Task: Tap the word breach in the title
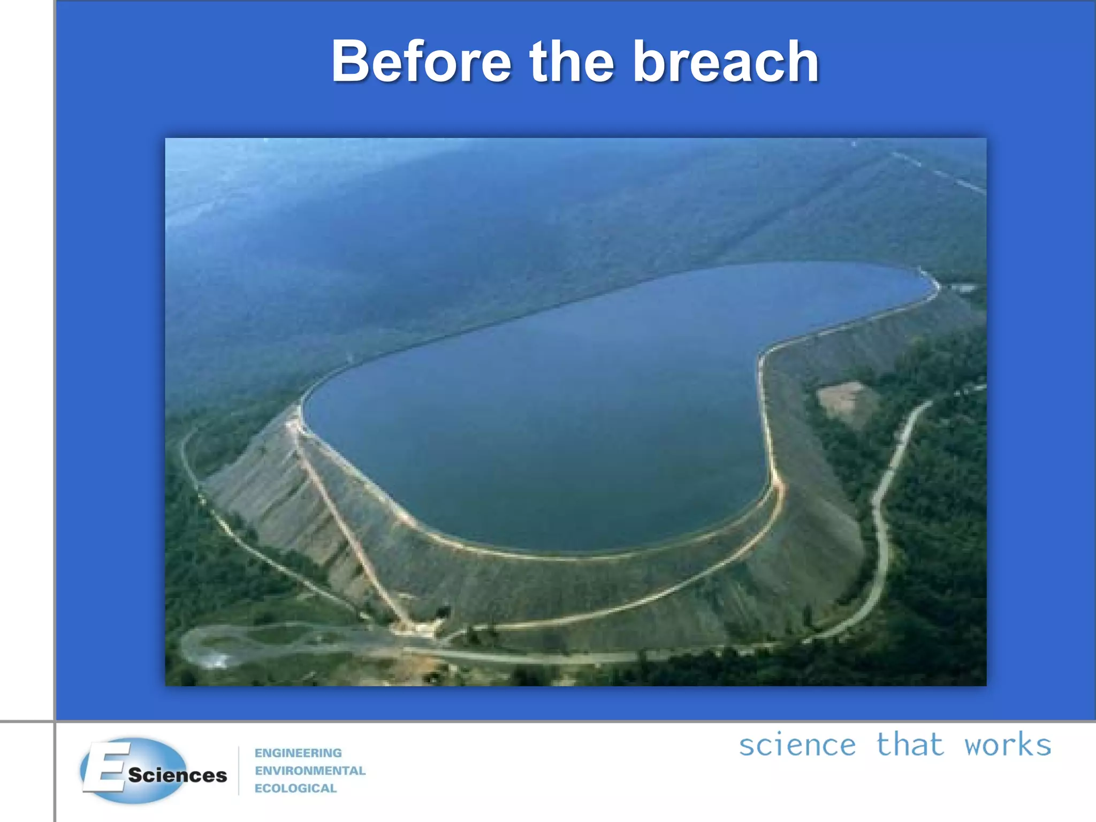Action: pos(726,62)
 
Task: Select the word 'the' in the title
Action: pos(571,62)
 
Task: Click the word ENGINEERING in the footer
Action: pos(298,753)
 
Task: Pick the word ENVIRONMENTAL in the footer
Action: pos(310,771)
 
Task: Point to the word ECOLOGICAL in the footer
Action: pos(295,788)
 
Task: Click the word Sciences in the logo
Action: pos(177,775)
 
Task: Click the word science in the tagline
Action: pos(797,745)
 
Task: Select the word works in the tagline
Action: pos(1008,745)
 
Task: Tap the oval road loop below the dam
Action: pos(225,645)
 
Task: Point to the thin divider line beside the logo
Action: pos(239,771)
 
